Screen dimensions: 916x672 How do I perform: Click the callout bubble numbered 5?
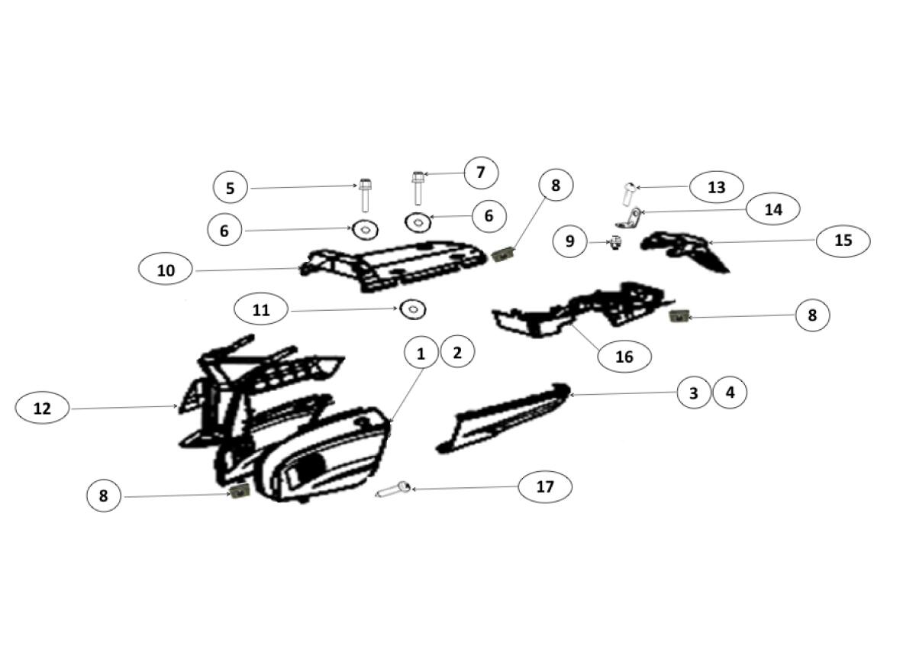(231, 188)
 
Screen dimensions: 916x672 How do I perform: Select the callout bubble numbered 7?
(481, 173)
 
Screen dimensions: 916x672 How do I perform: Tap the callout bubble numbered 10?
(166, 270)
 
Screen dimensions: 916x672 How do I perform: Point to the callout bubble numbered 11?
(261, 310)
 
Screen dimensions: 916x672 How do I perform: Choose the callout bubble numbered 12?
(42, 409)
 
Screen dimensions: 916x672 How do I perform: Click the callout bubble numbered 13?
(717, 187)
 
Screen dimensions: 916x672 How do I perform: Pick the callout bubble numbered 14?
(772, 210)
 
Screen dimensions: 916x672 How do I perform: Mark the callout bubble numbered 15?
(843, 240)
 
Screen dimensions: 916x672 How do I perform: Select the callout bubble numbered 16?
(624, 357)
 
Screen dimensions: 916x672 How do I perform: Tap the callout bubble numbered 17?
(545, 486)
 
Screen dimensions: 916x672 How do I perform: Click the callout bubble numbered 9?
(569, 241)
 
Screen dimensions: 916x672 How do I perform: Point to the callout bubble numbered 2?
(457, 353)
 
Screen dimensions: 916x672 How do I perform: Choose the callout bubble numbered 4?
(730, 393)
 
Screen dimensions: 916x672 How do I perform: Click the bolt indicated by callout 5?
(365, 195)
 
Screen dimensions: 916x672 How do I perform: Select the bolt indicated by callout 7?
(417, 188)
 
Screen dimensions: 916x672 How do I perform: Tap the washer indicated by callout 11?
(413, 308)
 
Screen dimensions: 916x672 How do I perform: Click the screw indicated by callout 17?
(393, 489)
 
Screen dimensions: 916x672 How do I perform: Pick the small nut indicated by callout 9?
(616, 243)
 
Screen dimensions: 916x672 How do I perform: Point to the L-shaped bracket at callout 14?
(627, 218)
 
